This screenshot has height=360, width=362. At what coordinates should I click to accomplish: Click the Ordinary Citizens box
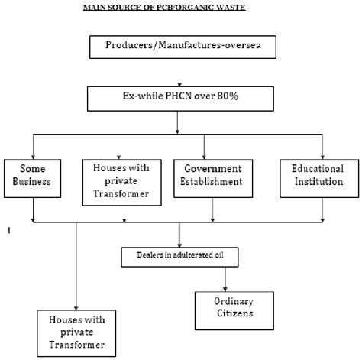[x=223, y=307]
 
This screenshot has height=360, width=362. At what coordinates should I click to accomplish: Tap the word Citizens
[x=223, y=313]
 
